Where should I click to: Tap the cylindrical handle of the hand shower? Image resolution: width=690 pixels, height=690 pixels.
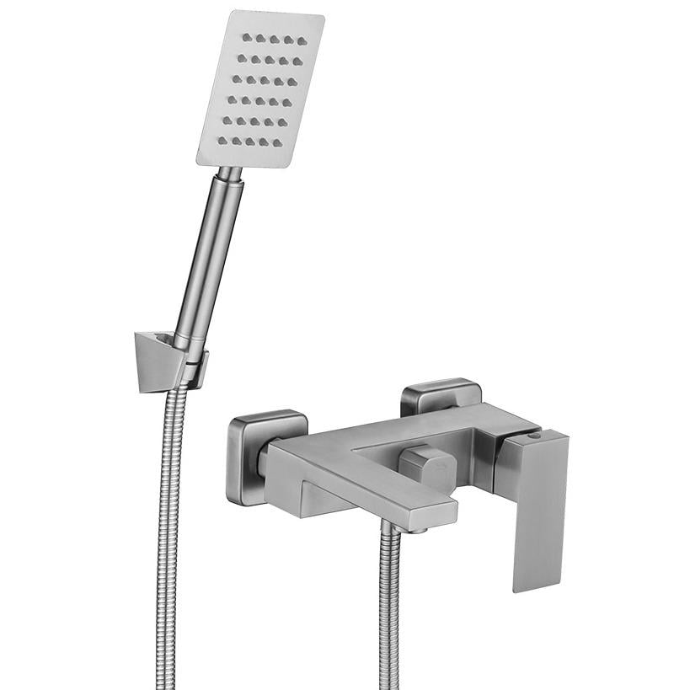[x=210, y=253]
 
